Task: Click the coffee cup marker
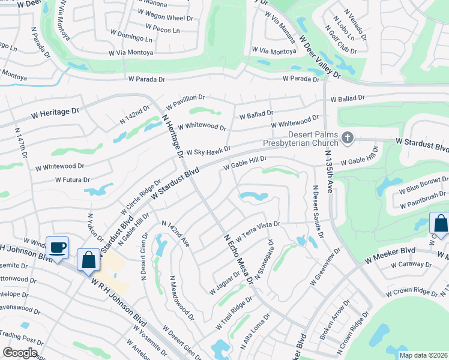click(x=58, y=248)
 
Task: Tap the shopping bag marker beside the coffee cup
click(x=89, y=261)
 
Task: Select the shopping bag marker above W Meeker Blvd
click(x=440, y=224)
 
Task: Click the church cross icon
click(x=347, y=139)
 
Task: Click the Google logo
click(x=20, y=353)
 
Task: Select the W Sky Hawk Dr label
click(x=208, y=151)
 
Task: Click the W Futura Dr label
click(x=72, y=179)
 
